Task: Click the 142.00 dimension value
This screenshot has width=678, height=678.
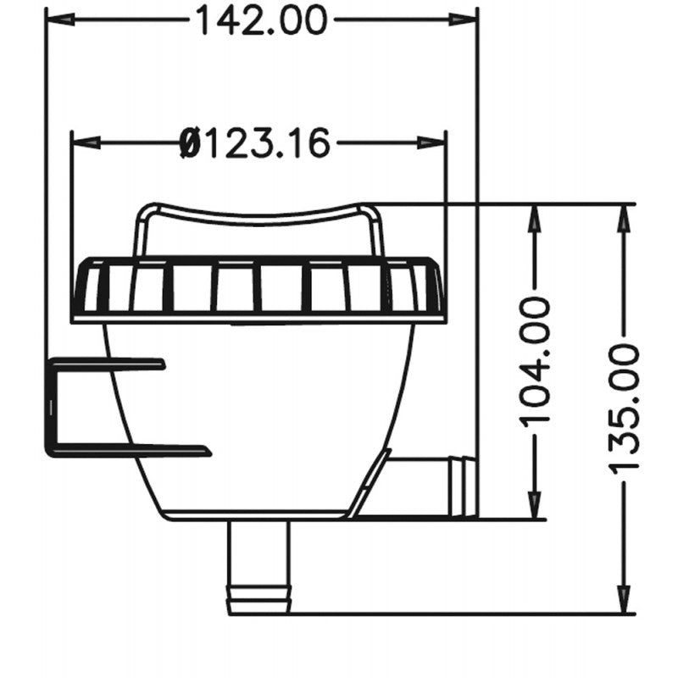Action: pos(261,19)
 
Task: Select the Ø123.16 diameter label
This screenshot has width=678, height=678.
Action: pos(255,142)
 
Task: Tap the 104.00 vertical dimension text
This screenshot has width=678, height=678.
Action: pos(535,361)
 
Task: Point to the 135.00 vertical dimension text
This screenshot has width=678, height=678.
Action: pos(625,409)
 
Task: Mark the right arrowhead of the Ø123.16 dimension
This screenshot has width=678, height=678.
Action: pos(434,142)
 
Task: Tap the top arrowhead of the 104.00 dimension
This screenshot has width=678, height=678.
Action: pos(535,216)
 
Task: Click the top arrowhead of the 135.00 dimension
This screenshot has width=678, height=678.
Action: pos(625,216)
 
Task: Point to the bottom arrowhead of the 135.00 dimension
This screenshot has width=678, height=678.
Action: pos(625,601)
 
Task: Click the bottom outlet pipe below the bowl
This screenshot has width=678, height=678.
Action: pos(258,564)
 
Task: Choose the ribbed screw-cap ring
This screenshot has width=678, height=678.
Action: pos(258,288)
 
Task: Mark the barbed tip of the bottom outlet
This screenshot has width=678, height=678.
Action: pos(258,603)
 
